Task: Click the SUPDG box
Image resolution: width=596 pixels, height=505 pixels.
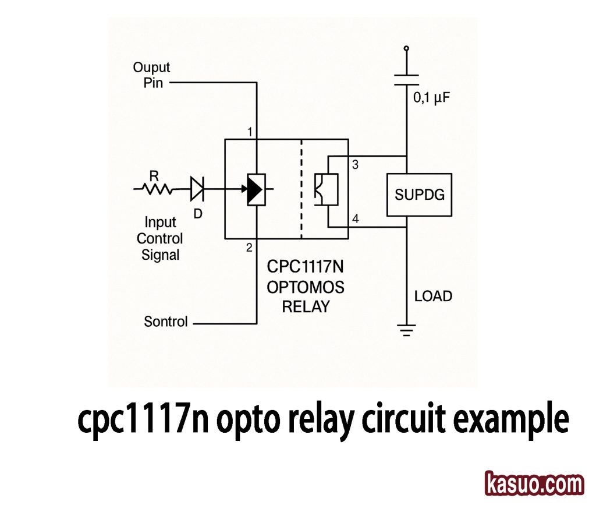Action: click(x=419, y=195)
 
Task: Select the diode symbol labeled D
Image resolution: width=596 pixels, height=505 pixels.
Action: click(x=197, y=188)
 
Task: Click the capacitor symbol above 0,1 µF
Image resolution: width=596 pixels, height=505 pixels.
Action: click(x=406, y=79)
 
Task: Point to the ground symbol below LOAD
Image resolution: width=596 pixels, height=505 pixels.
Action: click(x=406, y=330)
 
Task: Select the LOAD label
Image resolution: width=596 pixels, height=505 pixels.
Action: click(x=433, y=296)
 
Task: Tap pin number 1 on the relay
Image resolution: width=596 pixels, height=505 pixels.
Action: click(x=250, y=132)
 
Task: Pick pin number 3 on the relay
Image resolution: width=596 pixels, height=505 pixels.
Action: click(x=355, y=165)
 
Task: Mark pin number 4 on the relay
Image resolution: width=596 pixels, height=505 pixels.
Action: click(x=355, y=219)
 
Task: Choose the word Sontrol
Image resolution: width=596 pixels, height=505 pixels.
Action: click(x=166, y=322)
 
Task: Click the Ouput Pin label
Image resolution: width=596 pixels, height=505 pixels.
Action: click(x=151, y=75)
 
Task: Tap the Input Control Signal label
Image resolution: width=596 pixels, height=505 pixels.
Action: click(x=160, y=238)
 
